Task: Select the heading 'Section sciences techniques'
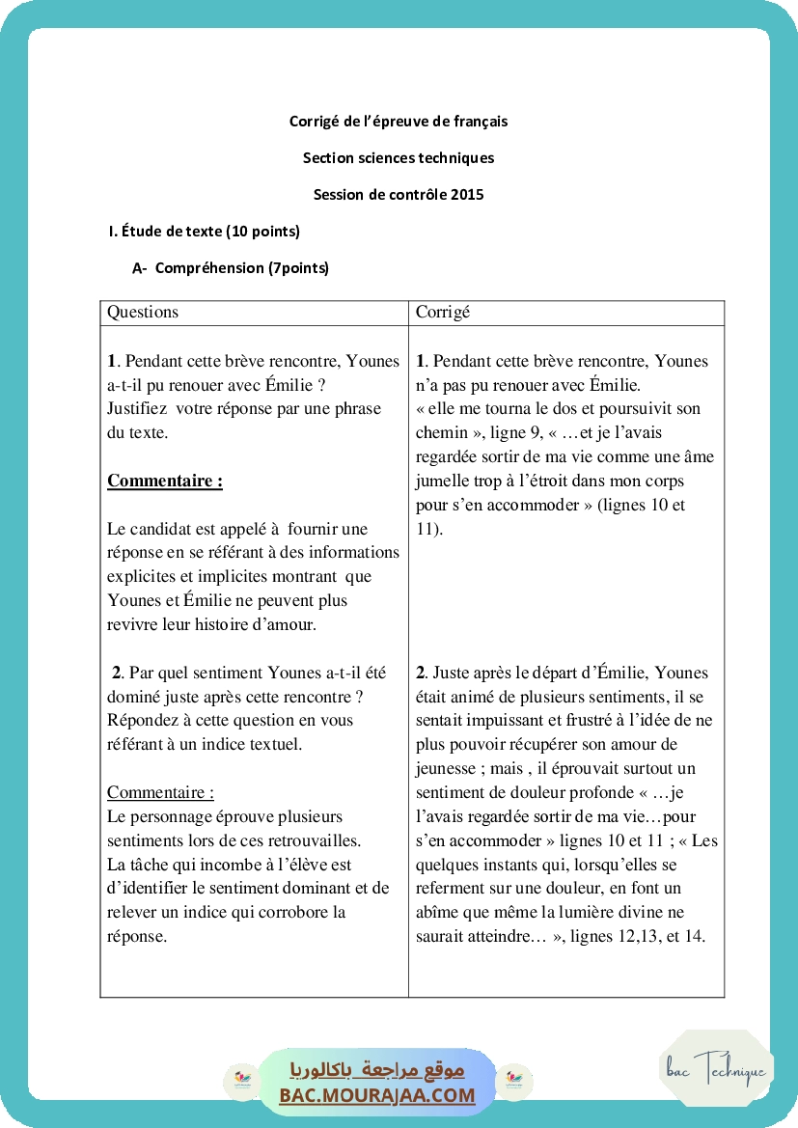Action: pyautogui.click(x=399, y=158)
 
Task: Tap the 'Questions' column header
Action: pyautogui.click(x=143, y=313)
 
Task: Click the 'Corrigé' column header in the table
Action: pyautogui.click(x=443, y=313)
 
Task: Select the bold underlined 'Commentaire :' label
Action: pyautogui.click(x=165, y=481)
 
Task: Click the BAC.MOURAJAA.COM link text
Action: pyautogui.click(x=377, y=1096)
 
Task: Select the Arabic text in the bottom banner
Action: pyautogui.click(x=377, y=1070)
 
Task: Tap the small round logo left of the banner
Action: pyautogui.click(x=240, y=1082)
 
